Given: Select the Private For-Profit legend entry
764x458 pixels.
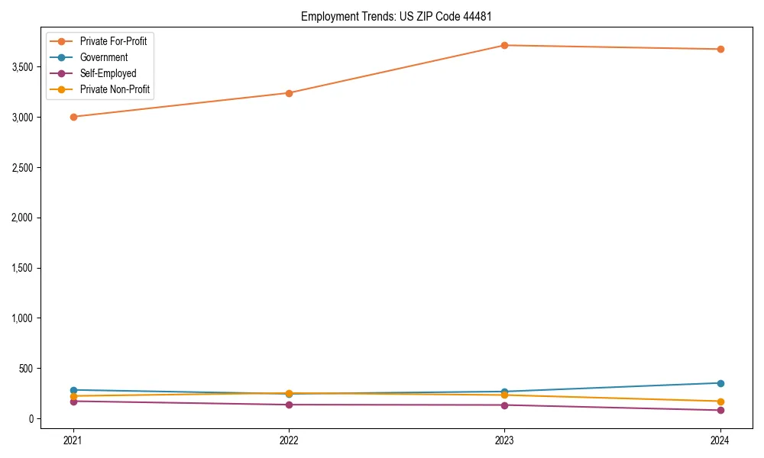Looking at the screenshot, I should (x=113, y=41).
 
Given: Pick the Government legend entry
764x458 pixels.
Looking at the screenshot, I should (x=103, y=57).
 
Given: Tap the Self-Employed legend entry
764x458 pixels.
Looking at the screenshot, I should (x=108, y=73).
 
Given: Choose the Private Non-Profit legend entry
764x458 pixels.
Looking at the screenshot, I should (x=115, y=89).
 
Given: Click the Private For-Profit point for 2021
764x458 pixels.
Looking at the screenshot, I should (x=73, y=117).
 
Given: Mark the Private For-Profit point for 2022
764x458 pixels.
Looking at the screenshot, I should (x=289, y=93).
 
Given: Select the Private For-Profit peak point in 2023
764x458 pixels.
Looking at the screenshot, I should (x=504, y=45).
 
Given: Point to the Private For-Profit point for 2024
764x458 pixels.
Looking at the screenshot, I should (x=720, y=49).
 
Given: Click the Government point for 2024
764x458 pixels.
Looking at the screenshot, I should (x=720, y=383).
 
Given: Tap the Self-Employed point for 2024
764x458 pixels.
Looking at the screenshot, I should (x=720, y=410).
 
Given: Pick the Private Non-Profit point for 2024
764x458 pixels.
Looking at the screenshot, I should (x=720, y=402).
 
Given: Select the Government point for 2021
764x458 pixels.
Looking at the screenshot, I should (x=73, y=390).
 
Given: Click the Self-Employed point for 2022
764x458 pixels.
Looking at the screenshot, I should (x=289, y=405).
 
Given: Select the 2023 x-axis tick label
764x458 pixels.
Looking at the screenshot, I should (x=504, y=440).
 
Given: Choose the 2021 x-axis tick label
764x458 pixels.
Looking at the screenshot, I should (x=73, y=440).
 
